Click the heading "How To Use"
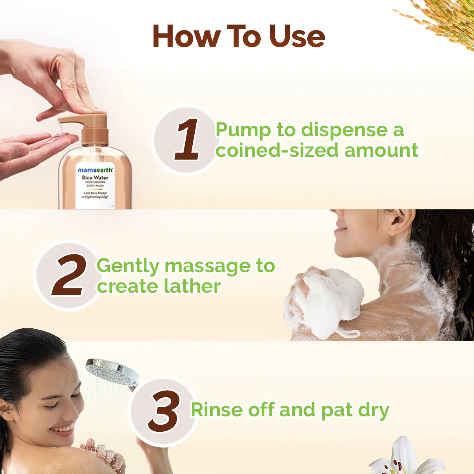pyautogui.click(x=239, y=36)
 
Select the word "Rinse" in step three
pyautogui.click(x=216, y=410)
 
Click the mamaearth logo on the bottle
pyautogui.click(x=95, y=170)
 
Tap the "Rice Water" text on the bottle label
pyautogui.click(x=95, y=178)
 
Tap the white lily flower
pyautogui.click(x=403, y=458)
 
